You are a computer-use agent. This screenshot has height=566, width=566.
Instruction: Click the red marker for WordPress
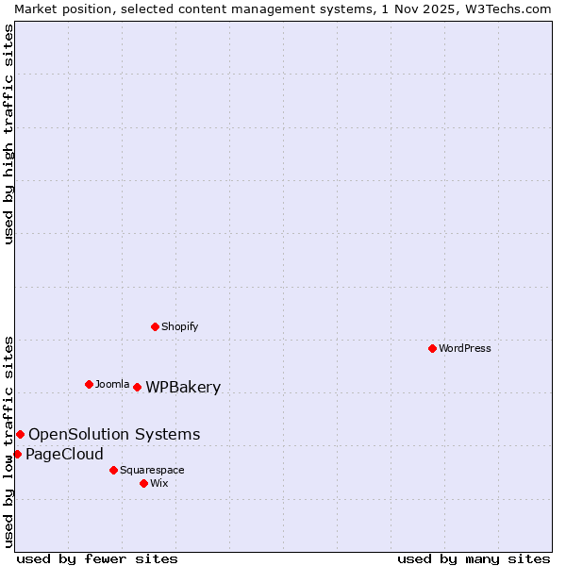coord(432,348)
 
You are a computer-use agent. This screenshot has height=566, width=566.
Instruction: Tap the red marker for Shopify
coord(155,326)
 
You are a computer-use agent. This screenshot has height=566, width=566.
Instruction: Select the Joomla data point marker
coord(89,384)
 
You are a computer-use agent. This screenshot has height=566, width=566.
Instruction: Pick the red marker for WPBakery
coord(137,387)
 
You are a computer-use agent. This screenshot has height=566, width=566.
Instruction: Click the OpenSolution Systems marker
coord(20,434)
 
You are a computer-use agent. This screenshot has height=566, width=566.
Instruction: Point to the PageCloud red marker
coord(17,454)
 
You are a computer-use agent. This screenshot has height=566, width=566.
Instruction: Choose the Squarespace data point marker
coord(113,470)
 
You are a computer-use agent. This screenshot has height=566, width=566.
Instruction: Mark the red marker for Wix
coord(143,483)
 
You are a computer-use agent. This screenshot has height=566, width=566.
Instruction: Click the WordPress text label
coord(465,348)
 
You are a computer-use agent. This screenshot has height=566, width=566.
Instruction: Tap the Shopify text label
coord(180,326)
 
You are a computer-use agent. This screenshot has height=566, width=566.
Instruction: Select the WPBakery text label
coord(183,387)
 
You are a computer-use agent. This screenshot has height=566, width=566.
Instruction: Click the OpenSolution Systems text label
coord(114,434)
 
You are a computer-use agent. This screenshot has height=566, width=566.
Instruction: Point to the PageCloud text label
coord(64,454)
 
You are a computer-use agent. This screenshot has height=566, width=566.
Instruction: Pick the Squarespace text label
coord(152,470)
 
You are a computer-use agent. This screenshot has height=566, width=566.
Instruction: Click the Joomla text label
coord(112,384)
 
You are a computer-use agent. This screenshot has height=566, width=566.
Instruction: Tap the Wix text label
coord(159,483)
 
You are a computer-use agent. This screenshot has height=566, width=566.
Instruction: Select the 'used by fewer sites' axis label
coord(97,558)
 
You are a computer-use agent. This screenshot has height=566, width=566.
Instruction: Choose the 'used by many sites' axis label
coord(474,558)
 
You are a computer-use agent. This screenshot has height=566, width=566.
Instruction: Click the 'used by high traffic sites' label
coord(8,134)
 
